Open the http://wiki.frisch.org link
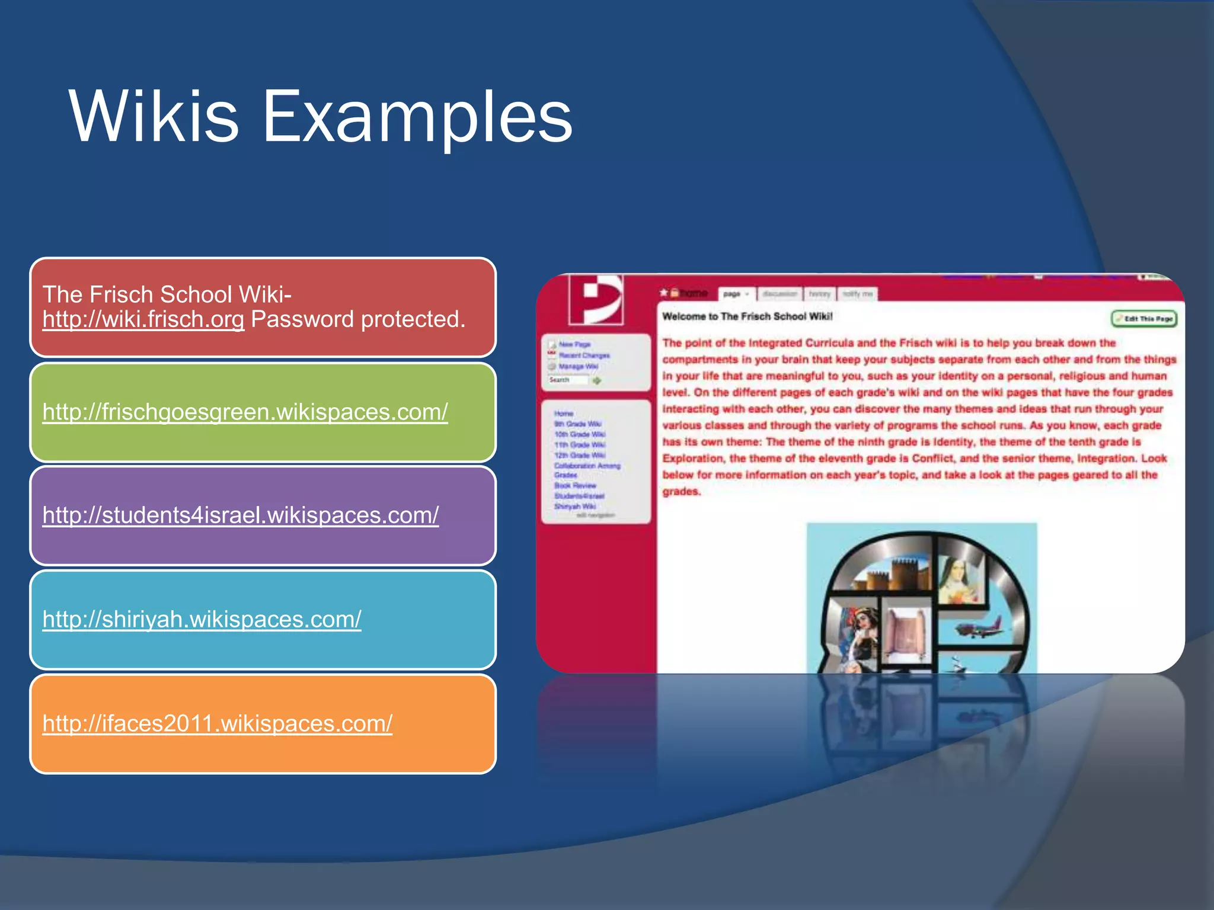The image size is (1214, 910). (143, 319)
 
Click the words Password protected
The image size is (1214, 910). (358, 319)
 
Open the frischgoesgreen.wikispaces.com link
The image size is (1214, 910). (245, 412)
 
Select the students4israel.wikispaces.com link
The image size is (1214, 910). (240, 515)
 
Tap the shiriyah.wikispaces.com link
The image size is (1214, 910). (202, 619)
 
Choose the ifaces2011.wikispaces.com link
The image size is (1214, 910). (217, 723)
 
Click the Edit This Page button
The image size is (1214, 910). (1143, 319)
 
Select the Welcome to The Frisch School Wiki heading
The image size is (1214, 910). (747, 316)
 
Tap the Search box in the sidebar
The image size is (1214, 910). (567, 380)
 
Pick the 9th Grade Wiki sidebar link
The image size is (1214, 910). (577, 424)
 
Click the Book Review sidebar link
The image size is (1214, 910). (575, 486)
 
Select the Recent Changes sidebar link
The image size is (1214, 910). (583, 355)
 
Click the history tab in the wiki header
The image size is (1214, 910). (819, 294)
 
